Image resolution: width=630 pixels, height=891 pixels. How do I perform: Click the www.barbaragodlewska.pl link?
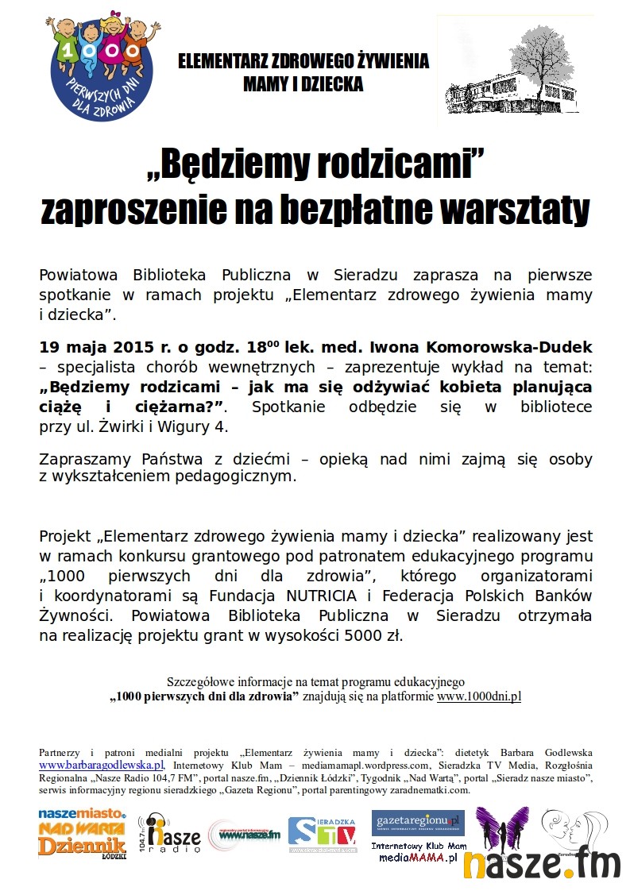pos(102,765)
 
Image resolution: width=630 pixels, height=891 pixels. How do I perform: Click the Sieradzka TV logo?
pos(322,835)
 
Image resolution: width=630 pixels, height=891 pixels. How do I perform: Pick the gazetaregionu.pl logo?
pos(418,821)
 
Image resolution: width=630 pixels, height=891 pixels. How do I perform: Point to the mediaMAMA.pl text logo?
pos(418,858)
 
